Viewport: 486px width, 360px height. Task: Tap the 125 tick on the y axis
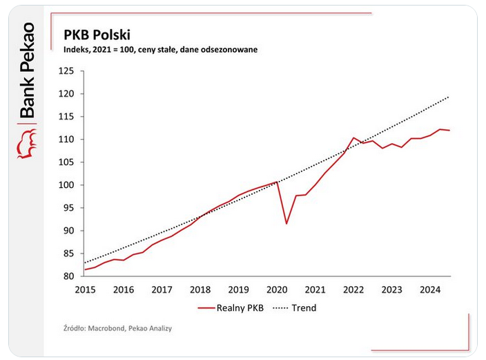66,71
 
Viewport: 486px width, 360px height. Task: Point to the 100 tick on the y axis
66,185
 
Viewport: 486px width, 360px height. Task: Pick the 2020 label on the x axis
277,290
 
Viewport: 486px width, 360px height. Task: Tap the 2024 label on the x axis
431,290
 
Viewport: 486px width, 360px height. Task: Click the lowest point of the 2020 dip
286,223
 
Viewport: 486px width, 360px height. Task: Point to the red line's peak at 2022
353,138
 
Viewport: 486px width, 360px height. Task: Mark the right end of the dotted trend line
450,97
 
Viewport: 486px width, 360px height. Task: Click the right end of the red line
450,131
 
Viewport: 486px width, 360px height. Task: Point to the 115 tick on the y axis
66,117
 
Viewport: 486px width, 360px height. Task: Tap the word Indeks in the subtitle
77,50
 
